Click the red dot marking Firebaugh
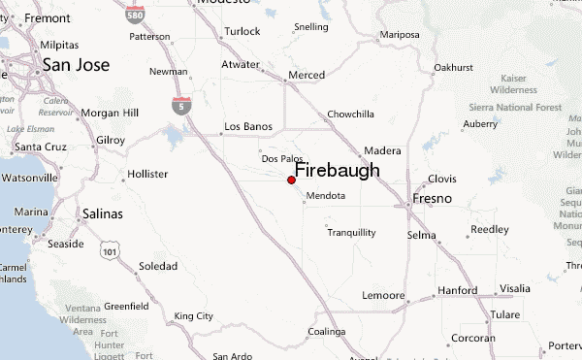click(x=291, y=180)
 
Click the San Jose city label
click(x=76, y=65)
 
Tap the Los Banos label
click(x=245, y=127)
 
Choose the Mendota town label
click(x=325, y=195)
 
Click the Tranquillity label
click(x=351, y=233)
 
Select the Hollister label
click(x=147, y=176)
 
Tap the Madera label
click(x=381, y=151)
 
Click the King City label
click(x=193, y=316)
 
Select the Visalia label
click(x=514, y=288)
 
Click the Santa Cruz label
click(x=39, y=147)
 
